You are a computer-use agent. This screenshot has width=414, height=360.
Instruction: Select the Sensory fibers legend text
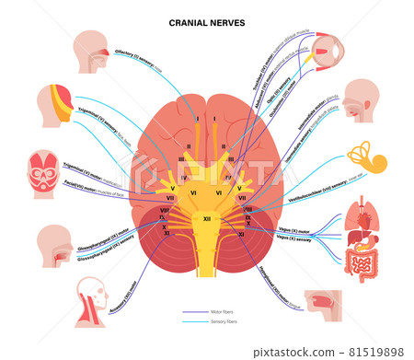click(224, 323)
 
